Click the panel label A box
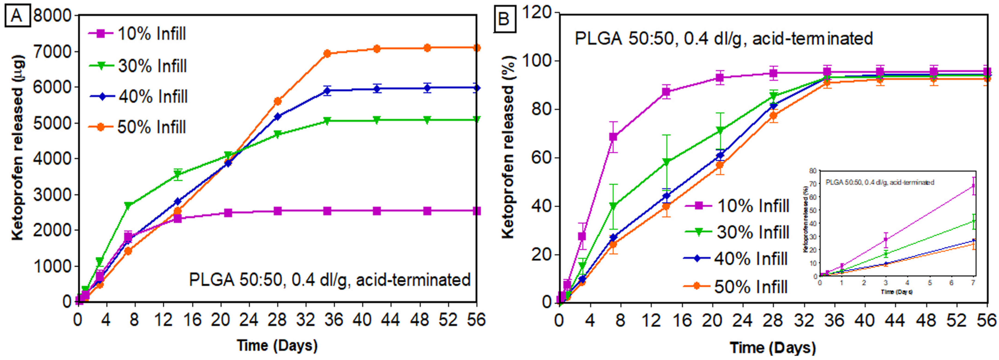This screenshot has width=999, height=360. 17,17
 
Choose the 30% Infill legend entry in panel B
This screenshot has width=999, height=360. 737,232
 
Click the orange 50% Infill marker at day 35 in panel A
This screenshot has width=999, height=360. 327,54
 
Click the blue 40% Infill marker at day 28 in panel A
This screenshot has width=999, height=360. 278,116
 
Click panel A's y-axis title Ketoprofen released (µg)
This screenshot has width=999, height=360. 18,147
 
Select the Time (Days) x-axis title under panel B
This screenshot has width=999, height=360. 772,348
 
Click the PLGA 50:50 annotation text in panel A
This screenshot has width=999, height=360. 330,280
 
